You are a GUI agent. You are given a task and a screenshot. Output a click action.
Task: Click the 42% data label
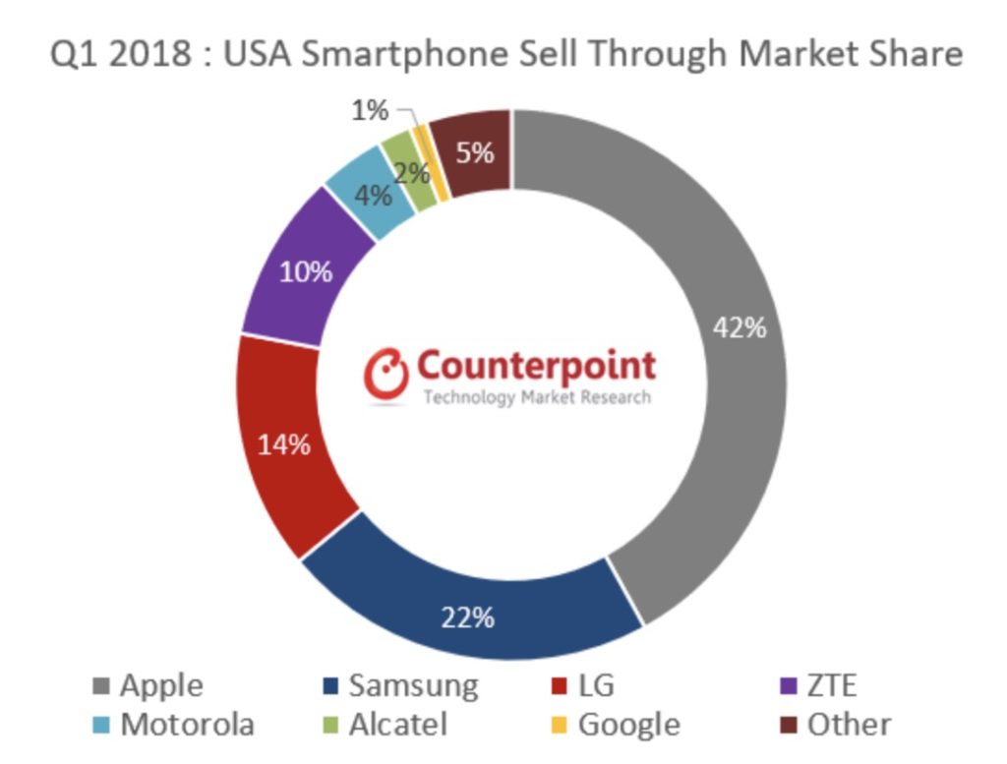point(740,327)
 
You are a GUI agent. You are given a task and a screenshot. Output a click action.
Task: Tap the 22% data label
point(468,617)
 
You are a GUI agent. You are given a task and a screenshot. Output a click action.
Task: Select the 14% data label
point(284,444)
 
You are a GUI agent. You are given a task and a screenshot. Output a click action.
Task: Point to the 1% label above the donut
point(370,111)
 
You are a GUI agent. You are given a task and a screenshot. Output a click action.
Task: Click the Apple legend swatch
point(100,685)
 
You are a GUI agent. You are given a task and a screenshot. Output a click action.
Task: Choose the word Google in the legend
point(629,725)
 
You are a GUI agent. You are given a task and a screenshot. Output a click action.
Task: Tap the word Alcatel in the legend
point(398,725)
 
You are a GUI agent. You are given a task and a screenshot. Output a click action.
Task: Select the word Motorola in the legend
point(187,725)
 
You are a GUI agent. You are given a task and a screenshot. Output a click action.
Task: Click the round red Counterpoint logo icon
point(386,375)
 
